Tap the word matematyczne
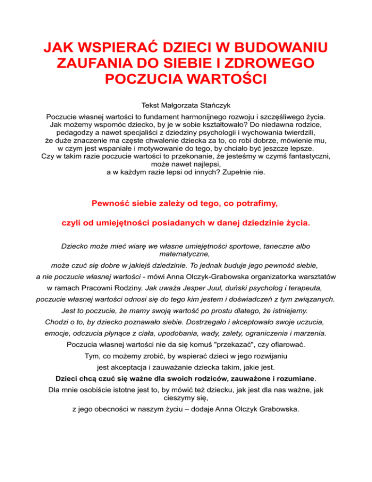[x=186, y=253]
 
